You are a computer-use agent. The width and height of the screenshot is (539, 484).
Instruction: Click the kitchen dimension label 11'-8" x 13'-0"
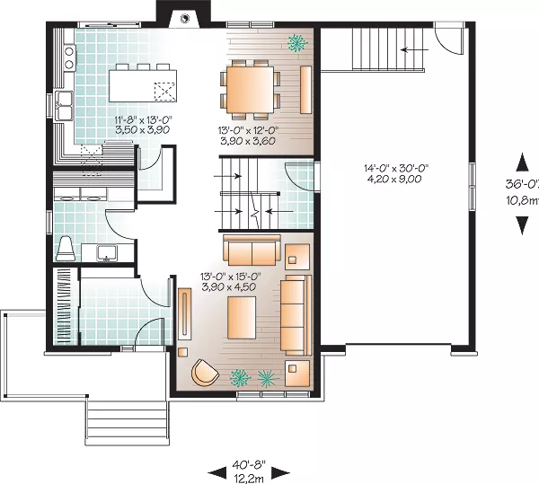tap(143, 119)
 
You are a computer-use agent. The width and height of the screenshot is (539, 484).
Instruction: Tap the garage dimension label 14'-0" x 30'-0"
tap(397, 168)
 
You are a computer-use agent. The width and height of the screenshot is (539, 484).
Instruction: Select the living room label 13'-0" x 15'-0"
tap(230, 277)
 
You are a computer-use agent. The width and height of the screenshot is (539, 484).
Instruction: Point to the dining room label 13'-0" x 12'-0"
tap(248, 130)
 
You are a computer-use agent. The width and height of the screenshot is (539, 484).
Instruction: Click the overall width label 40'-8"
tap(249, 465)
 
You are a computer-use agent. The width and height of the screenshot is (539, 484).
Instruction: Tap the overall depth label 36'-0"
tap(522, 184)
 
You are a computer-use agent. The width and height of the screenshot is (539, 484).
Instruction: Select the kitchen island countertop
tap(143, 86)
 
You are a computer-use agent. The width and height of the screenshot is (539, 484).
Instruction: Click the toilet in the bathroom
tap(66, 249)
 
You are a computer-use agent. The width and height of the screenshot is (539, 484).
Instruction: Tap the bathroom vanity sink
tap(107, 253)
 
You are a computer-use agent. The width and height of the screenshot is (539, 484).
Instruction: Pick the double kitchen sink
tap(64, 105)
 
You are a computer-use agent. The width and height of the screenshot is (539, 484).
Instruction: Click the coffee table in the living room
tap(242, 318)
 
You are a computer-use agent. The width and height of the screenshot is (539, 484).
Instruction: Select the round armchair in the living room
tap(205, 372)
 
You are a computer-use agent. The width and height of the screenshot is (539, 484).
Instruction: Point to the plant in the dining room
tap(297, 43)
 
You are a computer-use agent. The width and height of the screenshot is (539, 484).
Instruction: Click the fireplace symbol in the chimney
tap(184, 18)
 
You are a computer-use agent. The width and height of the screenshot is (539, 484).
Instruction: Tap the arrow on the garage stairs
tap(415, 49)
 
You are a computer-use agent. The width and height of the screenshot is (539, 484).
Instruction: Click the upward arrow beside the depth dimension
tap(522, 163)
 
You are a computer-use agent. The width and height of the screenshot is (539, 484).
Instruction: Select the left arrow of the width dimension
tap(218, 473)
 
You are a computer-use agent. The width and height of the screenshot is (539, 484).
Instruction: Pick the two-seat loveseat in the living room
tap(252, 251)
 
